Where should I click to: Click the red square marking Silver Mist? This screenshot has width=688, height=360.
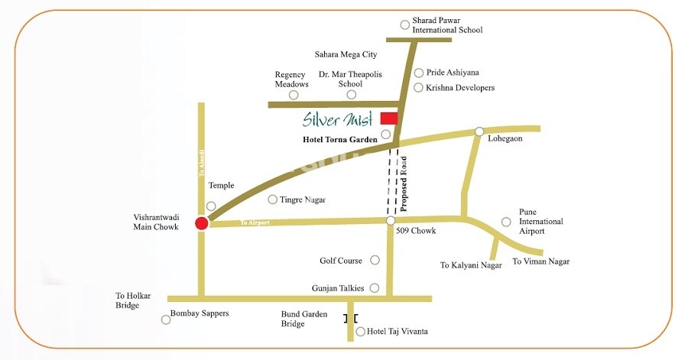point(389,118)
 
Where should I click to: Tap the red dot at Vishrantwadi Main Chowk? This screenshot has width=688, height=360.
point(201,223)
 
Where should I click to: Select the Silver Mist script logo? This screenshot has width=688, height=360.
point(337,119)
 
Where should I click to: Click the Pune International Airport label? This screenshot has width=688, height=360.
point(540,222)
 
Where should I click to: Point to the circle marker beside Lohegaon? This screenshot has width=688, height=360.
point(479,131)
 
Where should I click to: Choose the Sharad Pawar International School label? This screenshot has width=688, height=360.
point(447,25)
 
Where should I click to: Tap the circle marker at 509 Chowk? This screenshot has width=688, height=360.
point(391,221)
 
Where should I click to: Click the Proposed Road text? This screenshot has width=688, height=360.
point(405,183)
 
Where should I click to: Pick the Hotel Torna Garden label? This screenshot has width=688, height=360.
point(340,139)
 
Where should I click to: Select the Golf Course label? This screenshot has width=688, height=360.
point(341,261)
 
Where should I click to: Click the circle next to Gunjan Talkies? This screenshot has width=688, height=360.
point(375,287)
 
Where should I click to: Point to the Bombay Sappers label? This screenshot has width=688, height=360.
point(199,313)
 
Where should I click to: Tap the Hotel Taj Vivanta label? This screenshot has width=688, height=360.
point(397,332)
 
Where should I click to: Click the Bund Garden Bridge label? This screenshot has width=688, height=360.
point(304,319)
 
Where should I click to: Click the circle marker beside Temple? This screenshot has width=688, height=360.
point(211,206)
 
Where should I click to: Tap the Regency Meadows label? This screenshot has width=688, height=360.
point(292,79)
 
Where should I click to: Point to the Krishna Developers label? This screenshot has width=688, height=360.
point(460,88)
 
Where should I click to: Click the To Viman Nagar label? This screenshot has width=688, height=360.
point(540,261)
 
